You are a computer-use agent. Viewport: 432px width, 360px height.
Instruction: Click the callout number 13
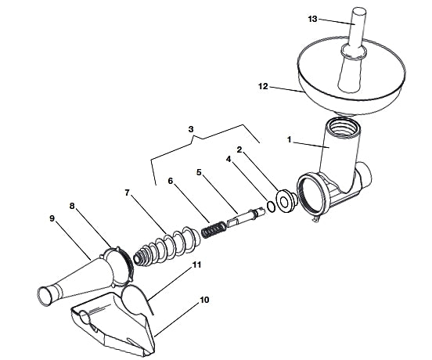click(x=313, y=19)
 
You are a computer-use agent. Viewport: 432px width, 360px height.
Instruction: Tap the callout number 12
click(x=263, y=87)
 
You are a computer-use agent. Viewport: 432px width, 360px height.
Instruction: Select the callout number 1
click(x=289, y=139)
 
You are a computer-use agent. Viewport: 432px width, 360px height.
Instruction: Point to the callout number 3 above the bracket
click(x=191, y=129)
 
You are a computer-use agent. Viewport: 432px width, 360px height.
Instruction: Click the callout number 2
click(x=239, y=149)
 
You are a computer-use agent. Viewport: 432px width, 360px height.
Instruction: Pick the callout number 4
click(x=229, y=159)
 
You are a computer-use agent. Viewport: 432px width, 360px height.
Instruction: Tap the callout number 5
click(x=199, y=172)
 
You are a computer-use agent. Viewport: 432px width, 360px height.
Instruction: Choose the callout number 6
click(x=171, y=181)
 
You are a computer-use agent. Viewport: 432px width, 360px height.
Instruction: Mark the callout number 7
click(x=127, y=193)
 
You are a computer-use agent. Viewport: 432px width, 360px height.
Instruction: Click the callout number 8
click(x=72, y=206)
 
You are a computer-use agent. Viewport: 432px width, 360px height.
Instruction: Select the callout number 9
click(x=52, y=218)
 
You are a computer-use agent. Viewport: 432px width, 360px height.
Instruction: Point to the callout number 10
click(x=204, y=300)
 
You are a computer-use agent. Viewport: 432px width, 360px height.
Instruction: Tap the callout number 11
click(x=196, y=265)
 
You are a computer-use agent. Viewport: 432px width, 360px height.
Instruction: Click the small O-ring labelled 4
click(x=271, y=207)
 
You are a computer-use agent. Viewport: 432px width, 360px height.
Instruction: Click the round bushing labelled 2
click(x=286, y=201)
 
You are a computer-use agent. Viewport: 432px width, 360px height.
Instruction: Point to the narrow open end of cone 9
click(x=45, y=296)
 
